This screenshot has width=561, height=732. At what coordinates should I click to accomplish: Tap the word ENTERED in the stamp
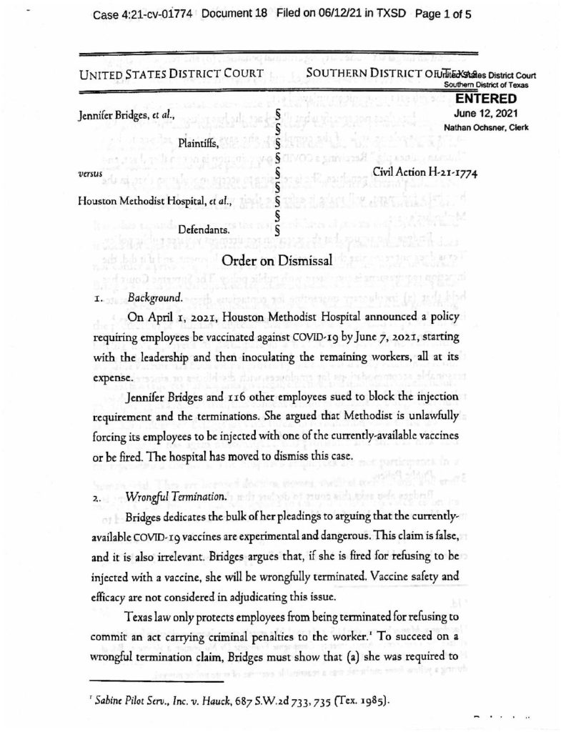click(485, 99)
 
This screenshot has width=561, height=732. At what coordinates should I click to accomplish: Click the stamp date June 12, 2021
click(485, 113)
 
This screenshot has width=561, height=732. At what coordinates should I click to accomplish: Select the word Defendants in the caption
click(204, 230)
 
